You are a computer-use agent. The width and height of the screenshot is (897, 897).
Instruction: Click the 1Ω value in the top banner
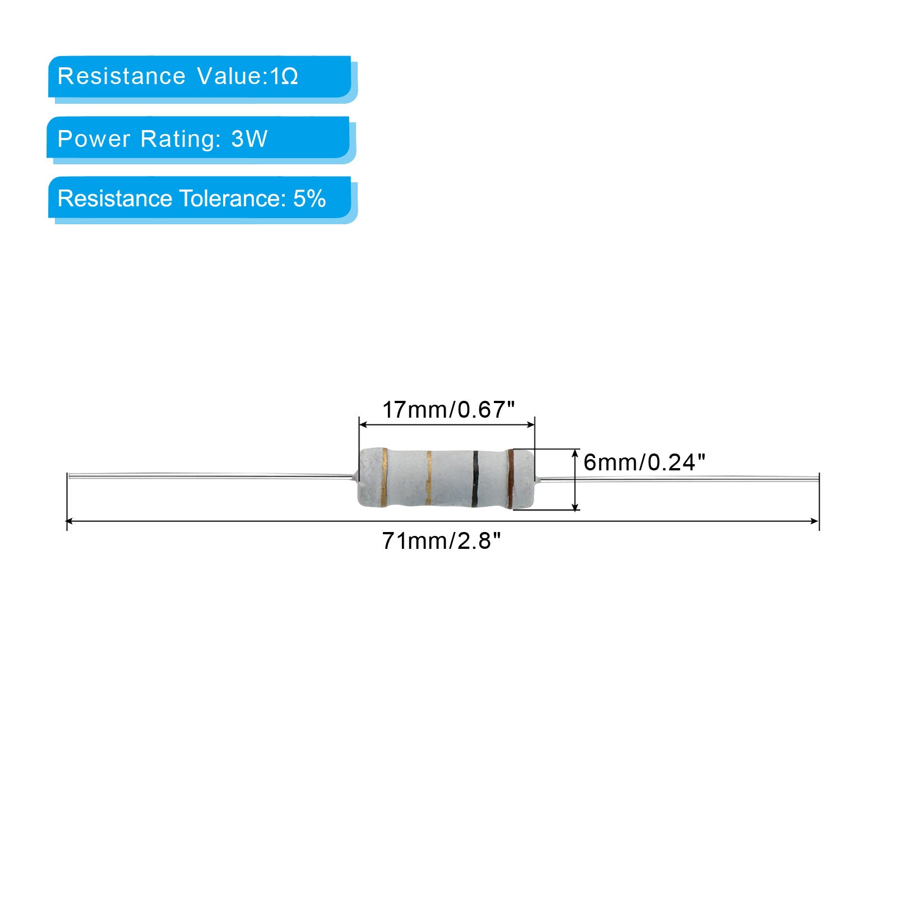pyautogui.click(x=284, y=76)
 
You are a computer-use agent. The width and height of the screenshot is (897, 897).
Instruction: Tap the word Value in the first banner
pyautogui.click(x=229, y=76)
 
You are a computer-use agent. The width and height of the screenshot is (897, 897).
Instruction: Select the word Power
pyautogui.click(x=94, y=138)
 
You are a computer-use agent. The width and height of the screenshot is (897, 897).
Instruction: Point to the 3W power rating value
pyautogui.click(x=249, y=138)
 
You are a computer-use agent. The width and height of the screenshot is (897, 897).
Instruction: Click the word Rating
pyautogui.click(x=181, y=138)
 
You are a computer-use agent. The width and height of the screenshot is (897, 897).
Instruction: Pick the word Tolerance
pyautogui.click(x=228, y=198)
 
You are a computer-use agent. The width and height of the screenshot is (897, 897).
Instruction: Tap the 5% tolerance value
pyautogui.click(x=309, y=198)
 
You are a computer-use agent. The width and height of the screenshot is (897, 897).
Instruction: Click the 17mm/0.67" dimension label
pyautogui.click(x=448, y=410)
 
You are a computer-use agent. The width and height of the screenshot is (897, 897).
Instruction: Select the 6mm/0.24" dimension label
pyautogui.click(x=644, y=463)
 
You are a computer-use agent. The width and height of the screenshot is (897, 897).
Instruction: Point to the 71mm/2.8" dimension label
pyautogui.click(x=441, y=541)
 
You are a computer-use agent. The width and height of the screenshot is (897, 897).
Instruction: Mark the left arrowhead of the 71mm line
pyautogui.click(x=70, y=521)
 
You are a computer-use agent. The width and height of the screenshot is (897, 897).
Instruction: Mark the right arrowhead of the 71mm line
pyautogui.click(x=815, y=521)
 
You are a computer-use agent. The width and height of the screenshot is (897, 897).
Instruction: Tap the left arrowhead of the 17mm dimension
pyautogui.click(x=363, y=424)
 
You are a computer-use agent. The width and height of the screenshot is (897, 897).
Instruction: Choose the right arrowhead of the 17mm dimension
pyautogui.click(x=531, y=424)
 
